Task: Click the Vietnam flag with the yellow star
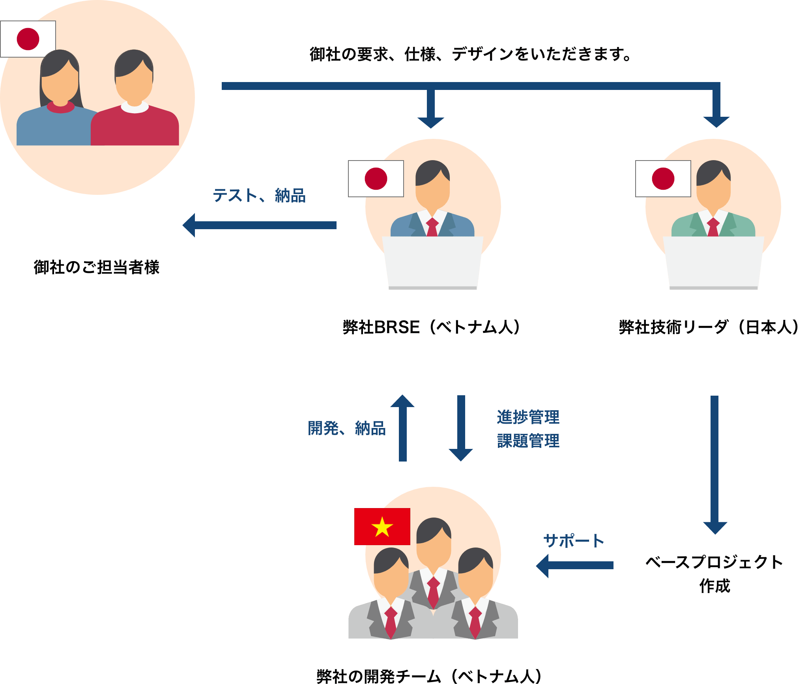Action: [382, 526]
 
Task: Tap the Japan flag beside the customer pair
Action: [28, 39]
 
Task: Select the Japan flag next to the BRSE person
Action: [376, 179]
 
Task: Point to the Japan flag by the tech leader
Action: [663, 179]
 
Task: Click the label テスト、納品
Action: [259, 196]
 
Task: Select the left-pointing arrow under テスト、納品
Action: [259, 225]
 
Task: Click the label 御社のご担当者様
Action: [97, 267]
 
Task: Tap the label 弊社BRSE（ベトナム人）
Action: [432, 327]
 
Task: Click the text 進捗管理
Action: [528, 417]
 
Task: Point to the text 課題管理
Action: [528, 441]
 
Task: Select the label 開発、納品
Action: [346, 428]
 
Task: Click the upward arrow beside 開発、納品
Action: [402, 428]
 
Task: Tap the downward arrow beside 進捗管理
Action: [461, 428]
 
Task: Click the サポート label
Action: [573, 541]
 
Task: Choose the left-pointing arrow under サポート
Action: [574, 565]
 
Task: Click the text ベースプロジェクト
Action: [714, 562]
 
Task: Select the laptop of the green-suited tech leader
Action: [713, 262]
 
